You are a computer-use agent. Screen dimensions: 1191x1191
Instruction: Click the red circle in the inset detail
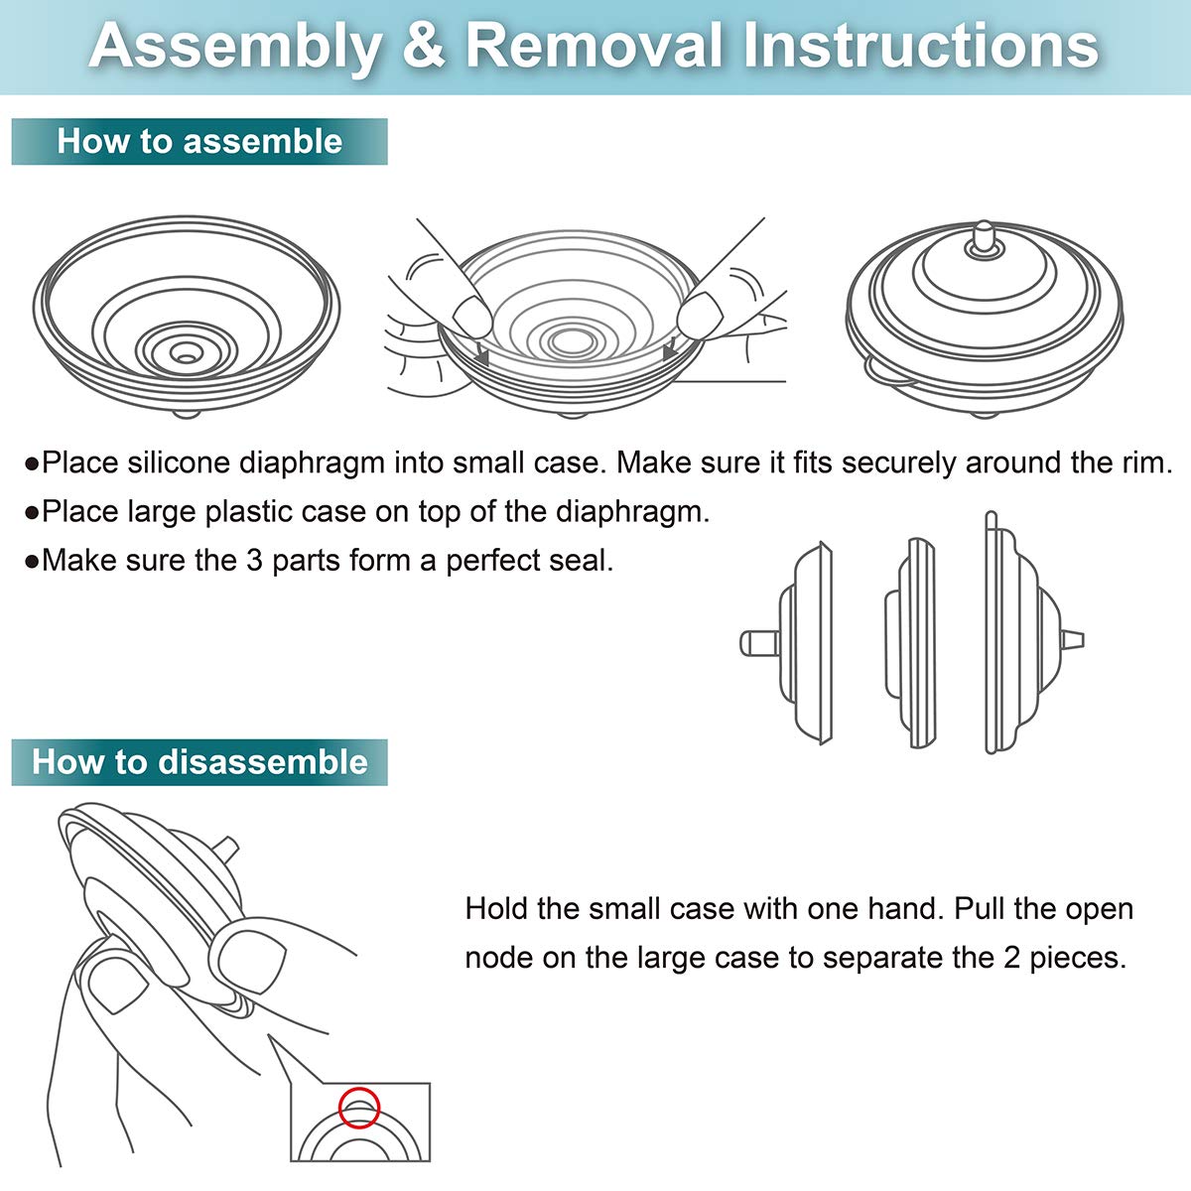358,1108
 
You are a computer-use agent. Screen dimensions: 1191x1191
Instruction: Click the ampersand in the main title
424,46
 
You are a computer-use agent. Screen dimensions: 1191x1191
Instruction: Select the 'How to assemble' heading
199,141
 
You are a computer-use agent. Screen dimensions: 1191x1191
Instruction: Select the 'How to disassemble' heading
199,762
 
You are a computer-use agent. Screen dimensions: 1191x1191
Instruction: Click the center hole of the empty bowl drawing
184,352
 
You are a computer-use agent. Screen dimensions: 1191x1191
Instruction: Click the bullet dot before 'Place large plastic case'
32,513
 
